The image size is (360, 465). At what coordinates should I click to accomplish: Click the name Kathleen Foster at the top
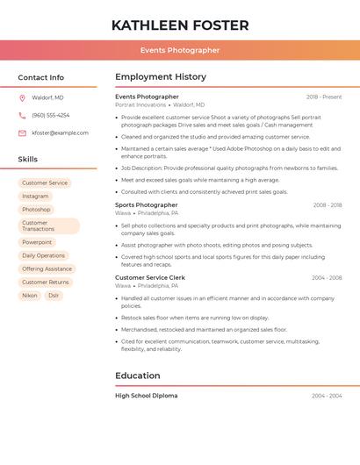pyautogui.click(x=180, y=25)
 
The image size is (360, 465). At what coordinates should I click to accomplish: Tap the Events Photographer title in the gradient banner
pyautogui.click(x=180, y=50)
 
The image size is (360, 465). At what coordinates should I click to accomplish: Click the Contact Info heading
pyautogui.click(x=40, y=77)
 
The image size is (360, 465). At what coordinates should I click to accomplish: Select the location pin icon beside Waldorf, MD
pyautogui.click(x=22, y=97)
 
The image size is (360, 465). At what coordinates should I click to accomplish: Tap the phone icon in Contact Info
pyautogui.click(x=22, y=115)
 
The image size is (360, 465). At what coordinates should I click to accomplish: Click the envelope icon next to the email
pyautogui.click(x=22, y=133)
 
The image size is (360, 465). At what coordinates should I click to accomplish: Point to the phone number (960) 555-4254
pyautogui.click(x=50, y=115)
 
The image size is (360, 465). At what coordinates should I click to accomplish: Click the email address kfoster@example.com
pyautogui.click(x=60, y=133)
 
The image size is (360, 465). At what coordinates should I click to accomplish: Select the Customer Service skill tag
pyautogui.click(x=45, y=183)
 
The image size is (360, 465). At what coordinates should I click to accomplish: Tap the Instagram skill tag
pyautogui.click(x=35, y=197)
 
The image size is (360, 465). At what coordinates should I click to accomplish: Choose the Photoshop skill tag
pyautogui.click(x=36, y=210)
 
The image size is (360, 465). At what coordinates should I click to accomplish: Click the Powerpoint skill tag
pyautogui.click(x=37, y=242)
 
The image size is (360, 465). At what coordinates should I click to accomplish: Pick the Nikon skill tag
pyautogui.click(x=30, y=296)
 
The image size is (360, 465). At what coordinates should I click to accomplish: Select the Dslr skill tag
pyautogui.click(x=54, y=296)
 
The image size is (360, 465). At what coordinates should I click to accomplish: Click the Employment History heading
pyautogui.click(x=161, y=77)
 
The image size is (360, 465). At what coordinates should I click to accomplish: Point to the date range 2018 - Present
pyautogui.click(x=324, y=97)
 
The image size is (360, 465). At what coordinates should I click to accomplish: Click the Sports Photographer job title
pyautogui.click(x=147, y=205)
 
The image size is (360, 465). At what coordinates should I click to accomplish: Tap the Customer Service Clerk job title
pyautogui.click(x=150, y=277)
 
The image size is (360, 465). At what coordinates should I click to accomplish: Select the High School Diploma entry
pyautogui.click(x=146, y=396)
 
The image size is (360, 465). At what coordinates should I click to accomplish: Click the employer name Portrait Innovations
pyautogui.click(x=140, y=104)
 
